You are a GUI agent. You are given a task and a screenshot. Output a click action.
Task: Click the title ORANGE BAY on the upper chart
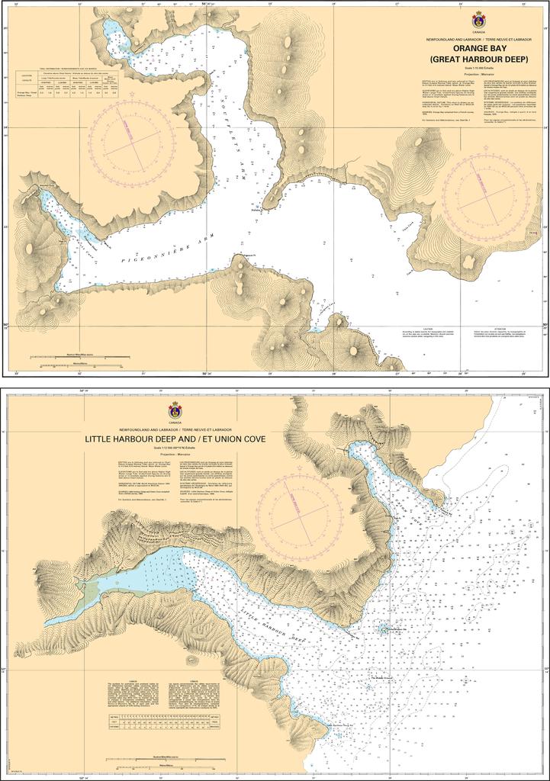(x=478, y=48)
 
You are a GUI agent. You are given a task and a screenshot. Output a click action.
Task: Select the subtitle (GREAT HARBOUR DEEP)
(x=478, y=59)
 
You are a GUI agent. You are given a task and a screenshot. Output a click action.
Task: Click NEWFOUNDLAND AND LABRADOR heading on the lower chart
(x=174, y=429)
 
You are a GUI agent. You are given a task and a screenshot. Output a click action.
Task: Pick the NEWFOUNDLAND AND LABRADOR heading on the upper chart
(x=478, y=37)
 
